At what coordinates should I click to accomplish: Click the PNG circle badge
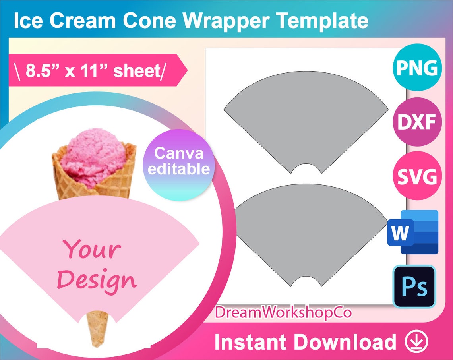click(x=417, y=68)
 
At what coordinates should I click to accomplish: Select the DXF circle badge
click(x=417, y=122)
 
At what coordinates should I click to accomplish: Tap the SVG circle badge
click(x=417, y=176)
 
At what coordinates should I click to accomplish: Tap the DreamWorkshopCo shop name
click(x=283, y=312)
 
